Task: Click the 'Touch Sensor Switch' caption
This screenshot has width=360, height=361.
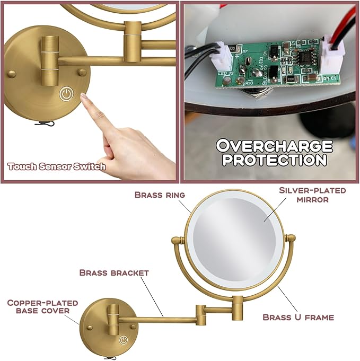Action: [57, 166]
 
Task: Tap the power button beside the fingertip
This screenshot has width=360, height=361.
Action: [66, 95]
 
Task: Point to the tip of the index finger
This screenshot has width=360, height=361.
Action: [84, 95]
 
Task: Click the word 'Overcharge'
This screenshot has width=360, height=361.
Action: [275, 145]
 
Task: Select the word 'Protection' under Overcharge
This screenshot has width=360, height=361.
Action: [275, 159]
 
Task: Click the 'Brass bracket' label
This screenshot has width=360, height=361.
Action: [114, 272]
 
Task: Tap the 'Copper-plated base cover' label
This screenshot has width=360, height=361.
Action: [42, 306]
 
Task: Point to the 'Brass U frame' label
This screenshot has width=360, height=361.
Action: [298, 317]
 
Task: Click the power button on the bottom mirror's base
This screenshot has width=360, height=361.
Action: [123, 340]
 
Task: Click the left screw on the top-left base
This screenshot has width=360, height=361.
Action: [12, 73]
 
